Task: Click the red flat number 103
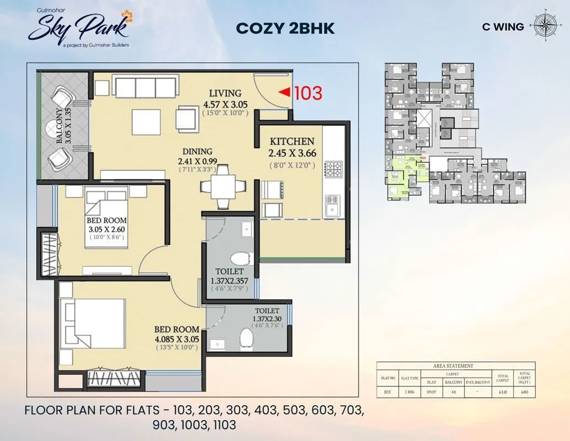(x=308, y=93)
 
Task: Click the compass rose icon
(x=545, y=25)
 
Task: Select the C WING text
(x=502, y=26)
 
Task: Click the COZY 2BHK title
(x=285, y=28)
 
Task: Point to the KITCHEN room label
(x=292, y=142)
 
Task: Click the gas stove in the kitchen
(x=334, y=169)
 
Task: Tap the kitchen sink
(x=333, y=205)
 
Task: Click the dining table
(x=221, y=186)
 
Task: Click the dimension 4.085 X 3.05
(x=176, y=339)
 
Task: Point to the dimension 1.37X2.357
(x=229, y=281)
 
